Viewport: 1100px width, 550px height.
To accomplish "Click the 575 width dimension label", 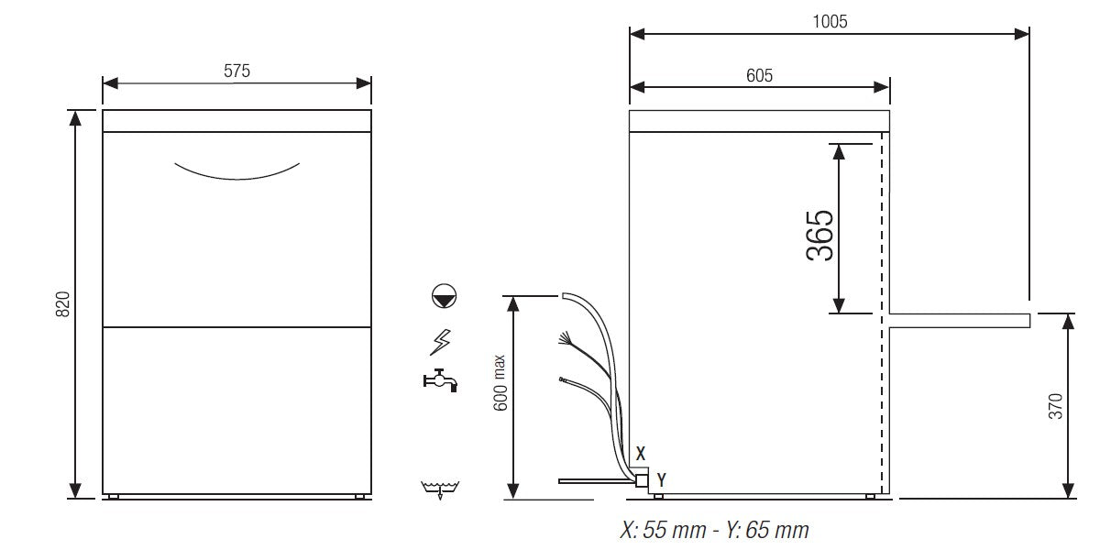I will coord(236,70).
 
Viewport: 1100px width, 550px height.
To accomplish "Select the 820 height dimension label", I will coord(63,304).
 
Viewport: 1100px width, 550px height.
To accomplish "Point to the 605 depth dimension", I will coord(759,75).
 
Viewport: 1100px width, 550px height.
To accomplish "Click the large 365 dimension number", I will coord(820,236).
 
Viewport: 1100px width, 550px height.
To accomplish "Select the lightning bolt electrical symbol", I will coord(441,342).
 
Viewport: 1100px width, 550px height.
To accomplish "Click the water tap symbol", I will coord(439,379).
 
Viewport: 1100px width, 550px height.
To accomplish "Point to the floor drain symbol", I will coord(441,489).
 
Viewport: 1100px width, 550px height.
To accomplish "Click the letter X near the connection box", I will coord(641,453).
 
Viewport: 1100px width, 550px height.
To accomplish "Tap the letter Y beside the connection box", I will coord(661,478).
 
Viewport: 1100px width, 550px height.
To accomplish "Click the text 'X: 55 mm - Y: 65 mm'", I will coord(714,531).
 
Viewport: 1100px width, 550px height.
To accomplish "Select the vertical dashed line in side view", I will coord(882,312).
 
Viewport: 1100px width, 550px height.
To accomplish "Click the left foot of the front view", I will coord(112,497).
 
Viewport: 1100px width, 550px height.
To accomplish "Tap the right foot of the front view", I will coord(361,497).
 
